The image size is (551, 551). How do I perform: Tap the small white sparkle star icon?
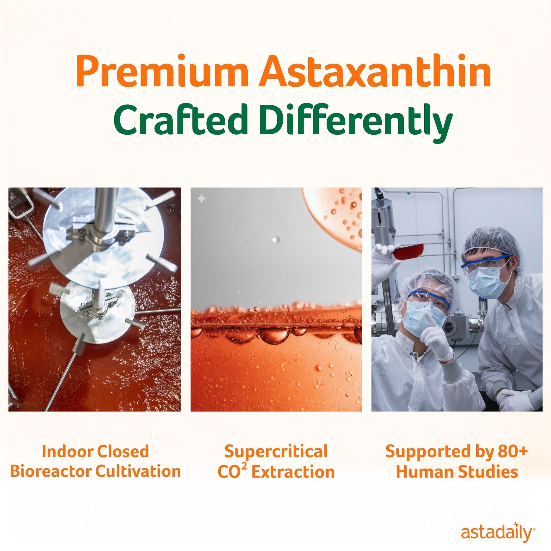pos(201,199)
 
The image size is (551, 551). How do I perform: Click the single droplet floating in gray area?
pos(275,240)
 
